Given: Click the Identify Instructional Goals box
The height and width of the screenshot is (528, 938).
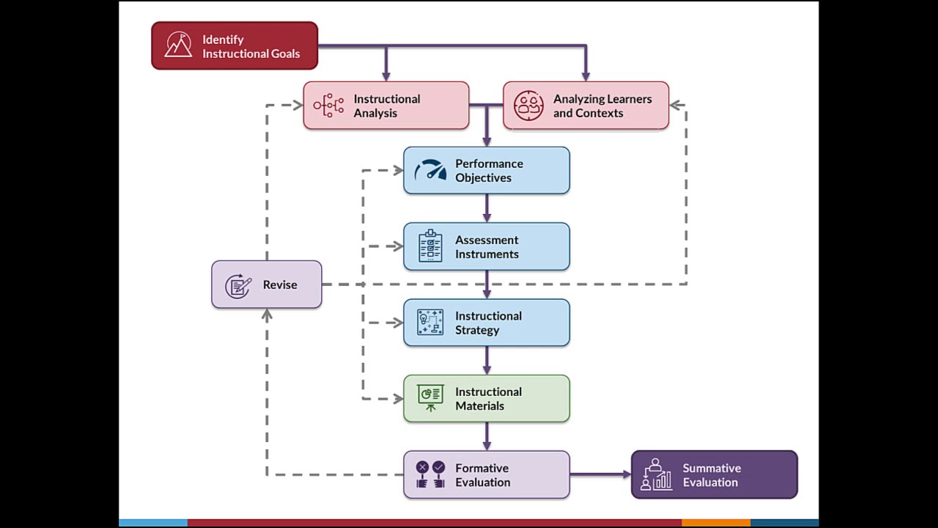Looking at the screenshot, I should pyautogui.click(x=234, y=46).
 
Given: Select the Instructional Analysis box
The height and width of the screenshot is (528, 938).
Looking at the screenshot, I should pyautogui.click(x=386, y=106).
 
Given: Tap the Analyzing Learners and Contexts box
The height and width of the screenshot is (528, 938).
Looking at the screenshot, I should pyautogui.click(x=586, y=106).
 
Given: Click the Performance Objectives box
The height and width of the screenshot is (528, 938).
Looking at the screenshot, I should pyautogui.click(x=487, y=170).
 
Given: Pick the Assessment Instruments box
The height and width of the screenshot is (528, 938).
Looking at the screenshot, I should pyautogui.click(x=487, y=246).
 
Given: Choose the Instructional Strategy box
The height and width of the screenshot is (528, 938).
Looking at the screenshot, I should pyautogui.click(x=487, y=323).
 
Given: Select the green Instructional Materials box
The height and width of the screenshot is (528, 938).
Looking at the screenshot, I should pyautogui.click(x=487, y=399).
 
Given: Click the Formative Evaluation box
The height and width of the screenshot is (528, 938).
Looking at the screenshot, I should pyautogui.click(x=487, y=474).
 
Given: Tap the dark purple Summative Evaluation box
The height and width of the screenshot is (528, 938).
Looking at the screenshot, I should pyautogui.click(x=714, y=474).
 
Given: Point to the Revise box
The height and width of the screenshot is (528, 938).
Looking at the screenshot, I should pyautogui.click(x=267, y=285).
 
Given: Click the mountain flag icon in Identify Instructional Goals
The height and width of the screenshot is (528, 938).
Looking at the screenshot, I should pyautogui.click(x=178, y=45).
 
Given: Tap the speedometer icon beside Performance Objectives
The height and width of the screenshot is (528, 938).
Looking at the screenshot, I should pyautogui.click(x=430, y=170).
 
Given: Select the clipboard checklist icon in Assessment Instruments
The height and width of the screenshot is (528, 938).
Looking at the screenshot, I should pyautogui.click(x=430, y=246).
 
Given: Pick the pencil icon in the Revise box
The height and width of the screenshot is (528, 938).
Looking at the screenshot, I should pyautogui.click(x=238, y=285).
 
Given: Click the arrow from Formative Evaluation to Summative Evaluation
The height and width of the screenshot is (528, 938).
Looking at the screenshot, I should pyautogui.click(x=600, y=474).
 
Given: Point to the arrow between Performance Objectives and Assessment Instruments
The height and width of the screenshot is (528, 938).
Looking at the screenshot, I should pyautogui.click(x=487, y=208).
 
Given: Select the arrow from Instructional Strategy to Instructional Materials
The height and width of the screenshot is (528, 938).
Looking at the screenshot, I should pyautogui.click(x=487, y=360).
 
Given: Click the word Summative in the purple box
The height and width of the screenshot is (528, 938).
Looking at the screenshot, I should pyautogui.click(x=712, y=468).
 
